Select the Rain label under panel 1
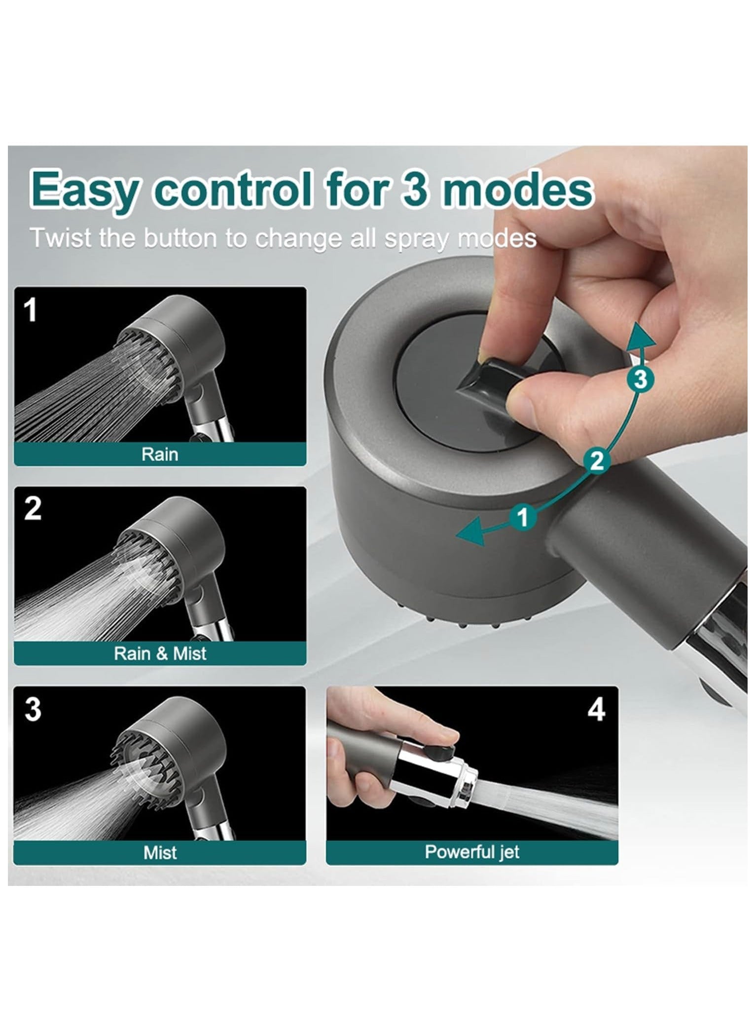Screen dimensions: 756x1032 [160, 454]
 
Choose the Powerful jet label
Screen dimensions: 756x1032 [472, 852]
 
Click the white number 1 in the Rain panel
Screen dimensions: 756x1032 [31, 311]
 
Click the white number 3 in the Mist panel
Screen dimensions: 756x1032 [33, 709]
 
